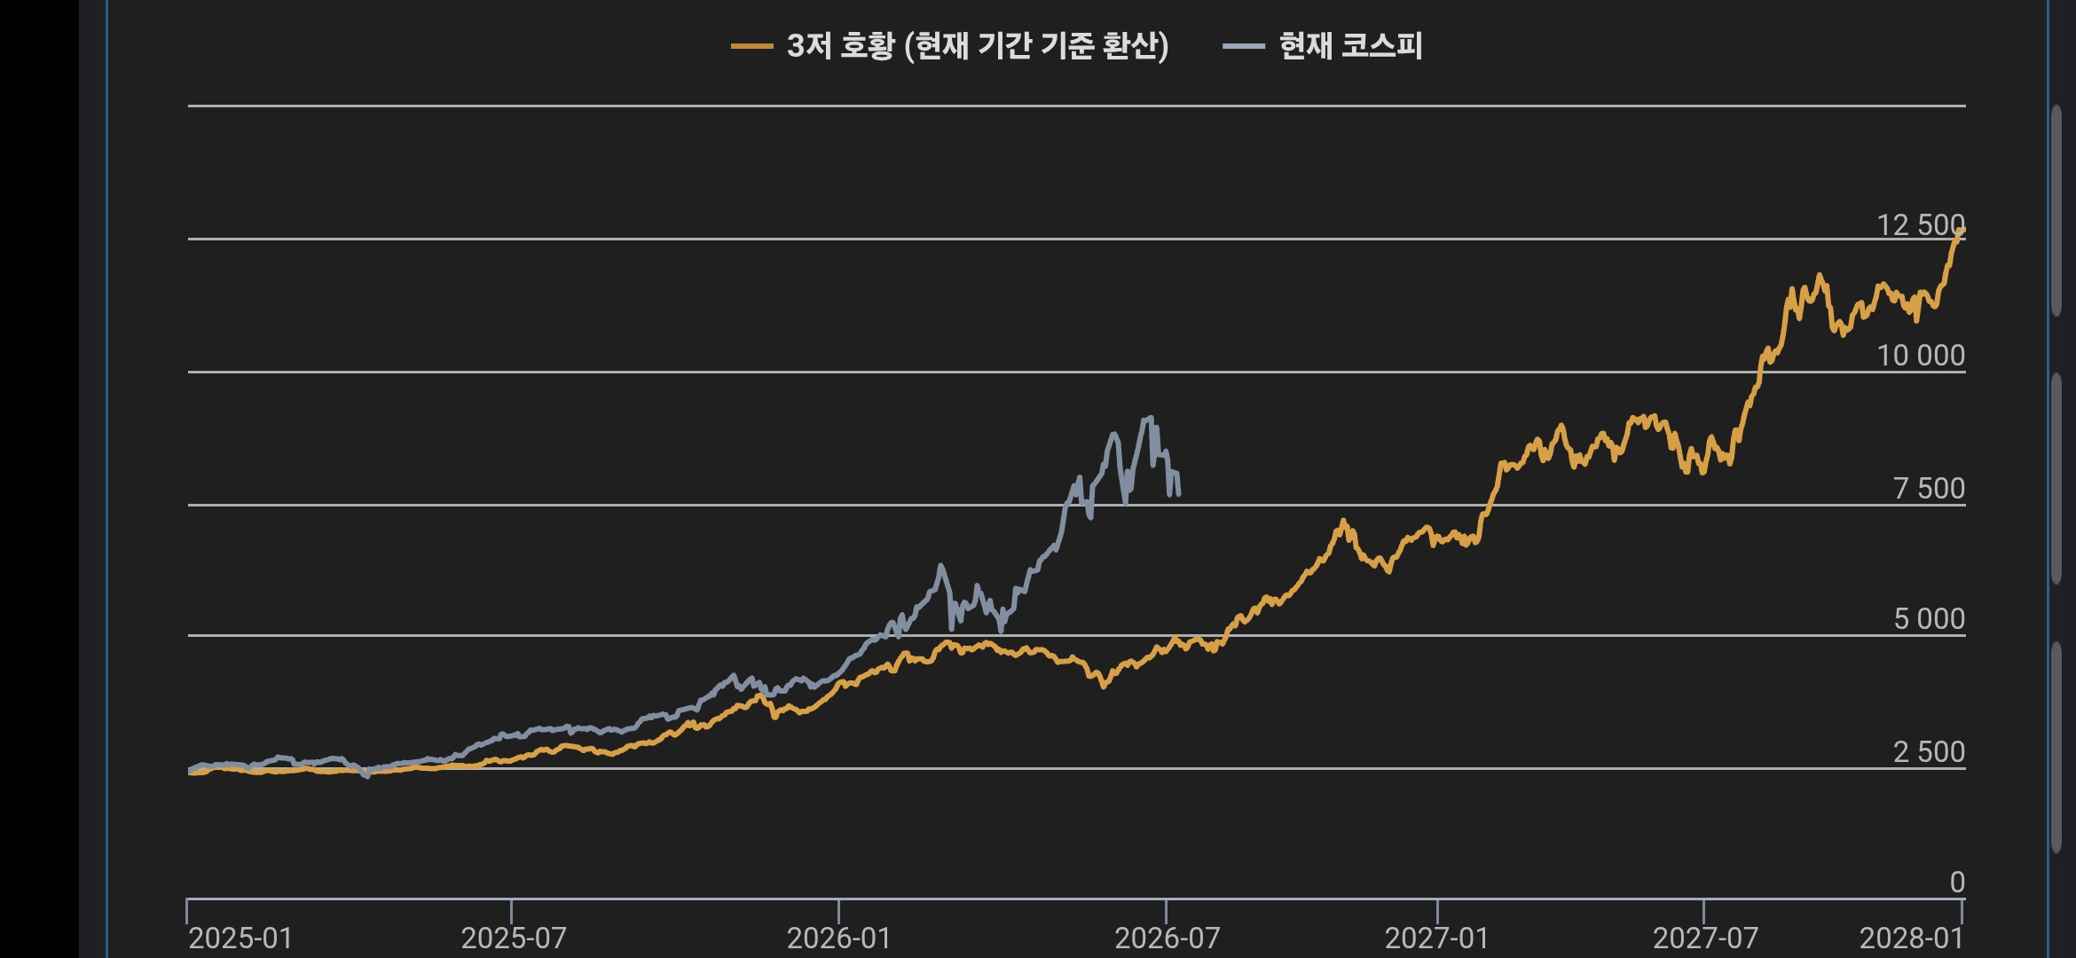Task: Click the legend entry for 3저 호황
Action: pos(949,46)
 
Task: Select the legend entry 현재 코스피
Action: pos(1322,46)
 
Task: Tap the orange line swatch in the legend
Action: pos(751,47)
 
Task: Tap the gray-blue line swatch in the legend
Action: pos(1243,47)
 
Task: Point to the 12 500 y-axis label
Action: pos(1920,224)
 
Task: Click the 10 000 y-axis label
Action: pos(1920,356)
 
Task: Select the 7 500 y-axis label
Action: pos(1929,489)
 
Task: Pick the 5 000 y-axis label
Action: pos(1929,619)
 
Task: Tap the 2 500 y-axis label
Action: pos(1929,752)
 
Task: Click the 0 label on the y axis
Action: pos(1957,883)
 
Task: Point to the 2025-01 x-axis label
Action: pos(240,938)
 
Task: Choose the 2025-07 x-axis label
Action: pos(514,938)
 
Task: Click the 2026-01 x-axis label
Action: pos(839,938)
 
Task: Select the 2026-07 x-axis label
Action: pos(1167,938)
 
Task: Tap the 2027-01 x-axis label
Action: pos(1437,938)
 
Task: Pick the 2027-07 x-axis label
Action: pos(1705,938)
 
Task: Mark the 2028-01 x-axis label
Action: pos(1911,938)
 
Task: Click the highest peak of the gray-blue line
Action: pos(1150,417)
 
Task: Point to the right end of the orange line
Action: pos(1962,230)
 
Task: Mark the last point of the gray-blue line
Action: pos(1178,493)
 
